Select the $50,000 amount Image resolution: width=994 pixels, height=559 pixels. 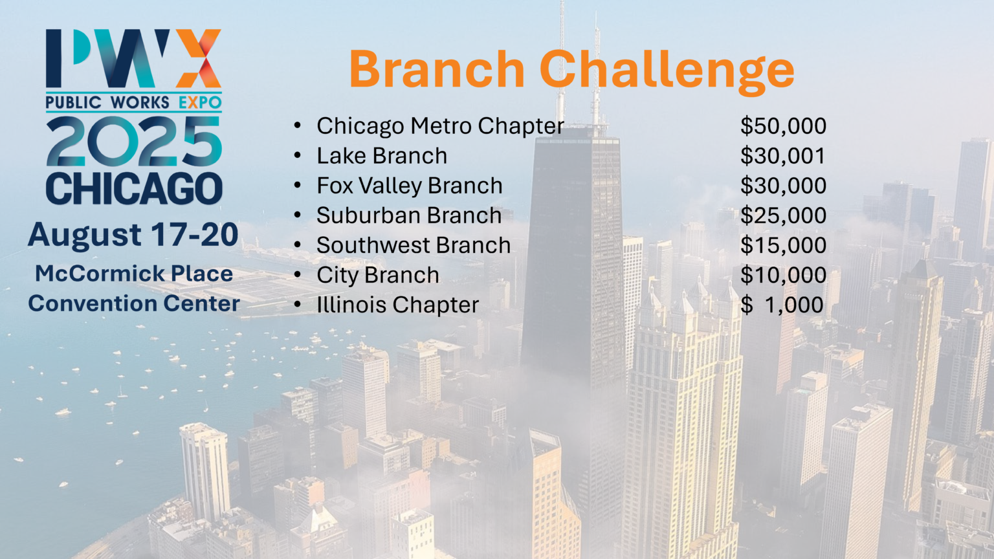783,126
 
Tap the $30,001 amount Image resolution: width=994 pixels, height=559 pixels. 783,156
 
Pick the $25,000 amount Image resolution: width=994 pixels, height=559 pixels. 783,215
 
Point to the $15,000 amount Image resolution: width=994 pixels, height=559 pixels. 783,245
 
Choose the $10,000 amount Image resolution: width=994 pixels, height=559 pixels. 783,275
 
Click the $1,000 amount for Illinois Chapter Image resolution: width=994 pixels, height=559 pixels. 782,305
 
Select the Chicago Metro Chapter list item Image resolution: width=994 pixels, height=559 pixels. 440,126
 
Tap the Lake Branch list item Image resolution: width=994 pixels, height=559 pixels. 382,156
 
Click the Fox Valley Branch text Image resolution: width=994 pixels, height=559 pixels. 409,186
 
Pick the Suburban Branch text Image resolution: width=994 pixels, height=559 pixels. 409,215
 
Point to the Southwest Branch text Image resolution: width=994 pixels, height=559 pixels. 414,245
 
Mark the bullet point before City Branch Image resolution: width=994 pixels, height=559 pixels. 298,275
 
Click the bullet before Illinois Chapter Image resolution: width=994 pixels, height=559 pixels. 298,305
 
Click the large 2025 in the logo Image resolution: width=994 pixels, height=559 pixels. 134,142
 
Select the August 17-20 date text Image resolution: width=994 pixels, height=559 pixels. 133,235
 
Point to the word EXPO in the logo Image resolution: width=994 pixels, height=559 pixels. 200,102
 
